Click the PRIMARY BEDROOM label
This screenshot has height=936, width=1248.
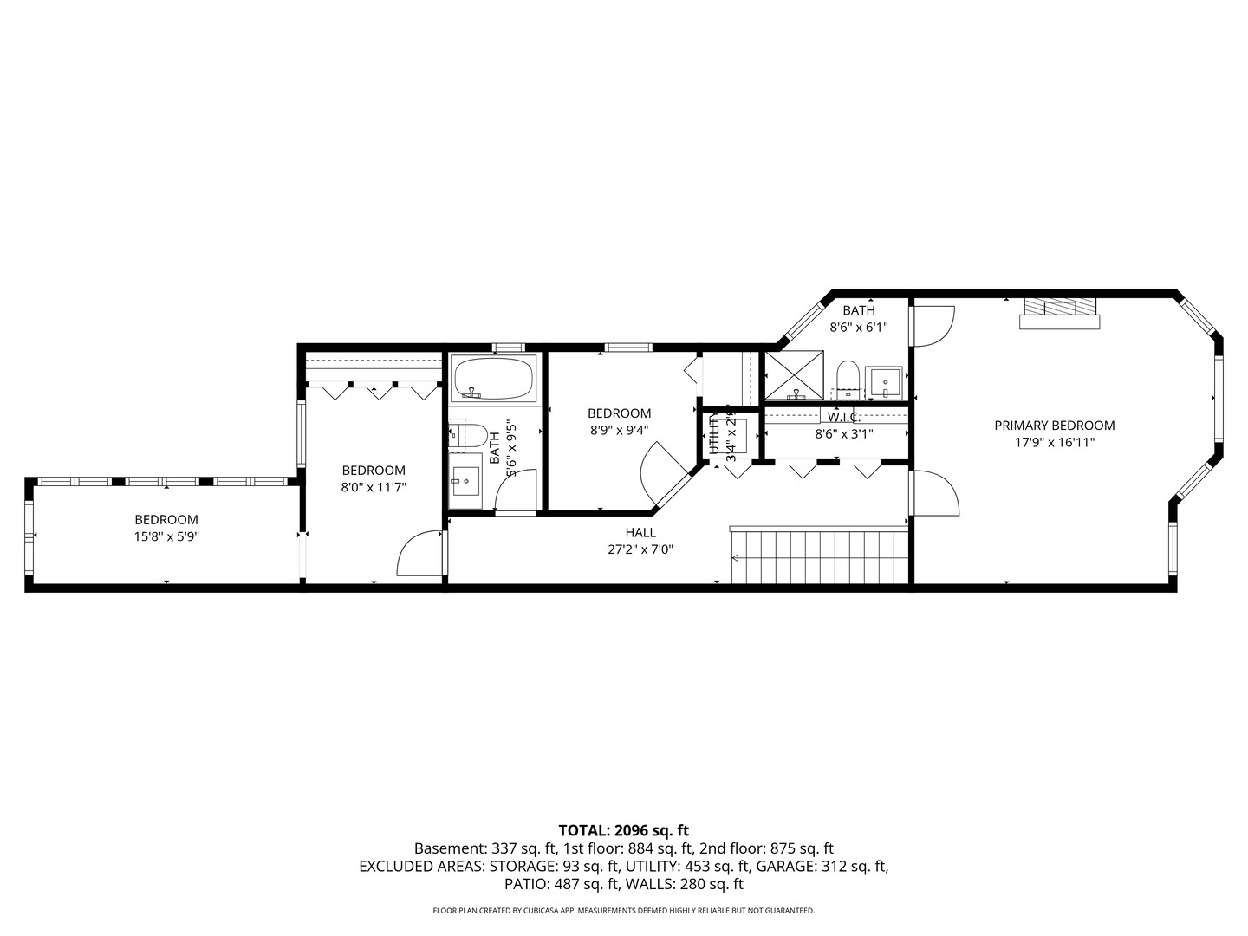tap(1054, 426)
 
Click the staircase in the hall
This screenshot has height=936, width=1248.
tap(818, 557)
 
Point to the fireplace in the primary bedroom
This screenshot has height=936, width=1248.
tap(1059, 313)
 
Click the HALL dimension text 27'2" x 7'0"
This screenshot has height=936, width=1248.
tap(640, 549)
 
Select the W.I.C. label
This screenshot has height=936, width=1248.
tap(843, 417)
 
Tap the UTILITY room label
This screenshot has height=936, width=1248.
tap(714, 432)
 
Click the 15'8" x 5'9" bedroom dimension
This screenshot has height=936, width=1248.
tap(166, 536)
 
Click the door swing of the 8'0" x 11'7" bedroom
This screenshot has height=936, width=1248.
tap(418, 556)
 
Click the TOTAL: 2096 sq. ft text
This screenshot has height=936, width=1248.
tap(623, 830)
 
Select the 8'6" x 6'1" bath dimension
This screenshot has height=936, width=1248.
tap(859, 328)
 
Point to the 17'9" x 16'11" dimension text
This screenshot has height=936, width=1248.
tap(1054, 442)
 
